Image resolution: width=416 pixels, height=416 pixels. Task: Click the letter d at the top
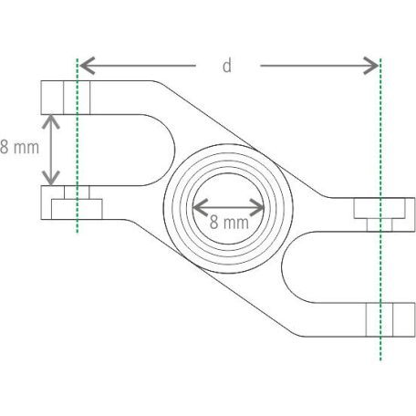pyautogui.click(x=226, y=65)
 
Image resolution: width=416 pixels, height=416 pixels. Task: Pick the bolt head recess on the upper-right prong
pyautogui.click(x=378, y=209)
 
